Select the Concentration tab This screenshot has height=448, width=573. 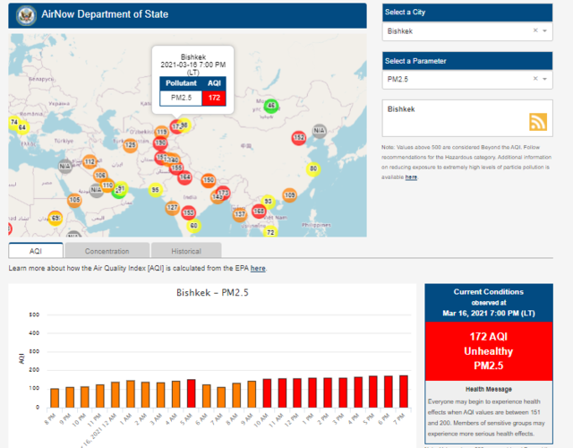107,251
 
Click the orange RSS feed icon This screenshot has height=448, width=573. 538,122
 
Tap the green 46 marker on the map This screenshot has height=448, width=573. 271,106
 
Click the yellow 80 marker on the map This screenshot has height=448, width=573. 313,168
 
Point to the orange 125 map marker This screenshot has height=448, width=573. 131,144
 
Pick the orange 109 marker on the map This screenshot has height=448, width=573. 290,194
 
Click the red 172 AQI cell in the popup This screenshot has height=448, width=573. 214,97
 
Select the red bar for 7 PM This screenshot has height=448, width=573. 404,392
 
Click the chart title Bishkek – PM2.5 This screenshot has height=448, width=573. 213,293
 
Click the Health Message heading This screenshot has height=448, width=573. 489,390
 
